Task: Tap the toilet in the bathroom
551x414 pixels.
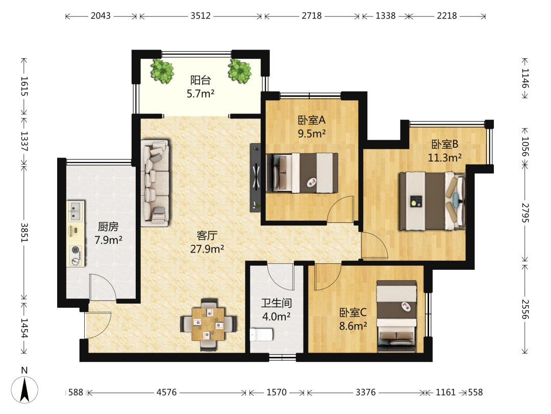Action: coord(261,335)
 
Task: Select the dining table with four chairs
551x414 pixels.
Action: coord(208,325)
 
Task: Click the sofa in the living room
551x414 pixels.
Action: coord(155,182)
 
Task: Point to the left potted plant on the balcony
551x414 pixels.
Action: coord(162,71)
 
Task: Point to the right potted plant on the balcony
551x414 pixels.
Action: coord(239,71)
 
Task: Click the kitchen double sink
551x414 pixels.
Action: coord(76,211)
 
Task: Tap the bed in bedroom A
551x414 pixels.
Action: coord(302,173)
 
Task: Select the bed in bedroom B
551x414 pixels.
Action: coord(432,201)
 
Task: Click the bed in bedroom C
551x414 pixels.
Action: coord(397,316)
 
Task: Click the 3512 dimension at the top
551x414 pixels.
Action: coord(201,16)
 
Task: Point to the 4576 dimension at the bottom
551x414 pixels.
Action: coord(166,392)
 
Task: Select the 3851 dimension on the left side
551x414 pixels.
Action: coord(24,233)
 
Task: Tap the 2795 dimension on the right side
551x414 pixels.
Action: coord(525,213)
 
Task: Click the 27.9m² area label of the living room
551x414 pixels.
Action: coord(207,249)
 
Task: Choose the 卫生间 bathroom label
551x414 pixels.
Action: coord(277,303)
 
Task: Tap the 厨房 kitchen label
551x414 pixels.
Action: coord(108,226)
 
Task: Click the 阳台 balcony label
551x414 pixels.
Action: coord(201,80)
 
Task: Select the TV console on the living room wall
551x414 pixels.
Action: coord(256,177)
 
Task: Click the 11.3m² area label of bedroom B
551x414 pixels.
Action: coord(444,158)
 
